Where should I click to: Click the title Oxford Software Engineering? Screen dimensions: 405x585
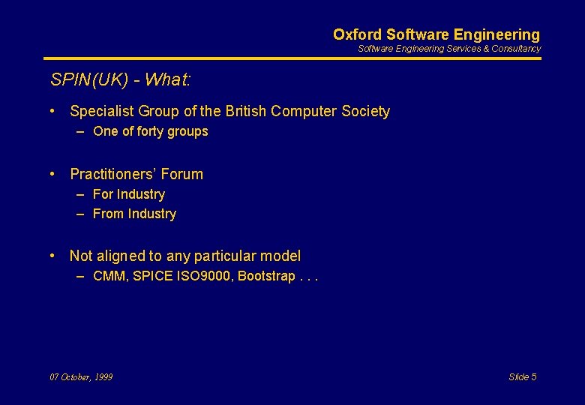436,34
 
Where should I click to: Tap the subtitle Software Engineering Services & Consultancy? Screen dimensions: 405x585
448,49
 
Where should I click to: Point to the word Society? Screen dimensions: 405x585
365,112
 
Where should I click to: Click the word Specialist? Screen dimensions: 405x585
102,112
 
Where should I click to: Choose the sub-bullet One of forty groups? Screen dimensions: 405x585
150,132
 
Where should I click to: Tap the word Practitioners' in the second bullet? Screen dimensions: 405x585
113,175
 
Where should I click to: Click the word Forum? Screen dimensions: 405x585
181,175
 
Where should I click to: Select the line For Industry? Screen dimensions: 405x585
128,194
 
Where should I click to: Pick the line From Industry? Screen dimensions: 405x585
134,214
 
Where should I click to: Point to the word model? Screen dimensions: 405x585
280,256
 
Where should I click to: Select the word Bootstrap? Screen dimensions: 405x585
266,276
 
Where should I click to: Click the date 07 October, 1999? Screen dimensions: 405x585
81,377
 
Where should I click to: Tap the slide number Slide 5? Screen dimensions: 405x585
522,377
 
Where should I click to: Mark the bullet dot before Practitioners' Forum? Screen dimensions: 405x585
52,174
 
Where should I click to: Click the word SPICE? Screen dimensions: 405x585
152,276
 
